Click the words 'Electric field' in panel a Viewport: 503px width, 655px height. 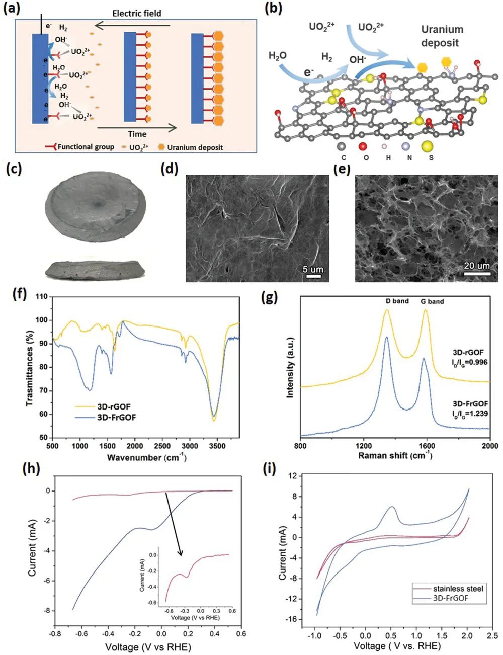point(136,13)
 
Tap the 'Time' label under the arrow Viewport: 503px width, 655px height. point(137,134)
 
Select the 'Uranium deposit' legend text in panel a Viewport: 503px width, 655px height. point(195,147)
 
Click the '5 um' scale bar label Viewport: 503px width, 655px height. point(313,270)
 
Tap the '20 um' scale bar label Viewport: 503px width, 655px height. point(476,266)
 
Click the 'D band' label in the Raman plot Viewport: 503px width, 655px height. point(397,301)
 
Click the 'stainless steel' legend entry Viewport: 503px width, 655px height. point(458,589)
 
